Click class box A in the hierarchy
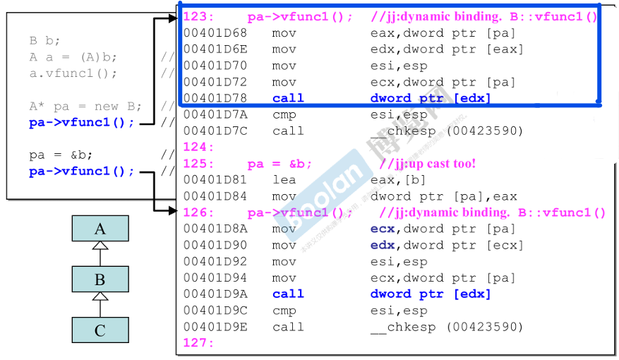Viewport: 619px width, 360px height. tap(100, 228)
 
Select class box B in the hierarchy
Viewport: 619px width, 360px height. tap(100, 280)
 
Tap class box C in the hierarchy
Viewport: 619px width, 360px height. tap(100, 330)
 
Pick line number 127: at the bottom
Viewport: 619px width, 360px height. tap(198, 343)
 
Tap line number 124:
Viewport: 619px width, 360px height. tap(198, 147)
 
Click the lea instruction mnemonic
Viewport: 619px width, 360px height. tap(284, 179)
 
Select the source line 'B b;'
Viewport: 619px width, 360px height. tap(45, 41)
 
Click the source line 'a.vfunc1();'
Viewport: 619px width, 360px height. tap(73, 73)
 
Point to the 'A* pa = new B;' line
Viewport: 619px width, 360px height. tap(85, 106)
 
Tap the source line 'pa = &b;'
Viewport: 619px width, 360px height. tap(61, 155)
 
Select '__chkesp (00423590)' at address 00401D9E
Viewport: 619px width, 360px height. tap(446, 327)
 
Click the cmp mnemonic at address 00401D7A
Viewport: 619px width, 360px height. tap(284, 114)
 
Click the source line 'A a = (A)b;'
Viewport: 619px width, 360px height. tap(73, 57)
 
